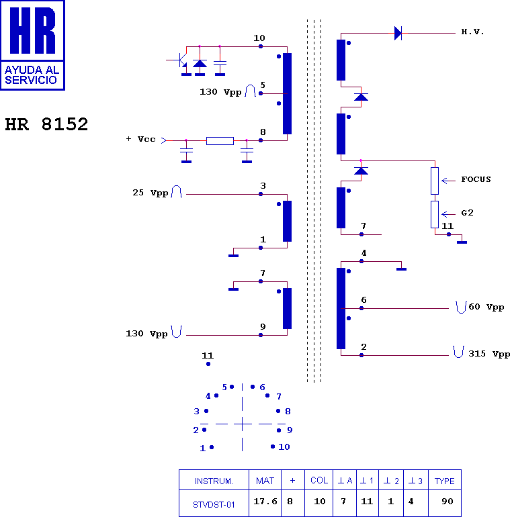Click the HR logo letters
(x=33, y=30)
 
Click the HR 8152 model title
(x=46, y=124)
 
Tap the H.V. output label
(x=472, y=32)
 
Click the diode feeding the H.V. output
(x=398, y=34)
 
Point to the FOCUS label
(x=476, y=179)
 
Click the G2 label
(x=467, y=213)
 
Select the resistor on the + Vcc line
(x=220, y=141)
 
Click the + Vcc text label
(x=140, y=139)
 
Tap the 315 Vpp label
(x=489, y=354)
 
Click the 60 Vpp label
(x=486, y=307)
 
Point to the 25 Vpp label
(x=151, y=193)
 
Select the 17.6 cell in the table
(x=265, y=502)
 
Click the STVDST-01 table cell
(x=214, y=505)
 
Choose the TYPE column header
(x=444, y=481)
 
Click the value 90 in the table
(x=447, y=502)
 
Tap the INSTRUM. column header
(x=214, y=481)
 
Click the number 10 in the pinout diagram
(x=284, y=447)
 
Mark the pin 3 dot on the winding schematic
(x=261, y=194)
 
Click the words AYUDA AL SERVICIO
(x=32, y=75)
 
